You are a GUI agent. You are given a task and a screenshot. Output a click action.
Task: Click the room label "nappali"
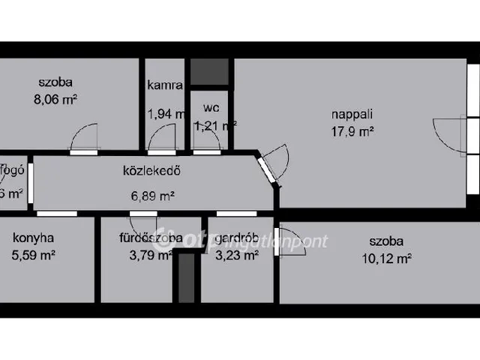pyautogui.click(x=352, y=115)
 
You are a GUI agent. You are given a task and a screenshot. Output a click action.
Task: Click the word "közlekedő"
pyautogui.click(x=152, y=170)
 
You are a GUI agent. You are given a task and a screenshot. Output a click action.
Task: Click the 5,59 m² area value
pyautogui.click(x=34, y=255)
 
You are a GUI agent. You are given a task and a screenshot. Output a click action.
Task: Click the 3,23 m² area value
pyautogui.click(x=237, y=255)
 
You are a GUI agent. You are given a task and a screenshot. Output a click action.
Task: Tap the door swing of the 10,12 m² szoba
pyautogui.click(x=291, y=241)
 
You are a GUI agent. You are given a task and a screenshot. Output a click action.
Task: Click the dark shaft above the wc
pyautogui.click(x=208, y=72)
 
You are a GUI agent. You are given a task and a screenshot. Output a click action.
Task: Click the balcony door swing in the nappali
pyautogui.click(x=448, y=135)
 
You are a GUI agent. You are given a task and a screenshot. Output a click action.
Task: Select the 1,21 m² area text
pyautogui.click(x=215, y=125)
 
